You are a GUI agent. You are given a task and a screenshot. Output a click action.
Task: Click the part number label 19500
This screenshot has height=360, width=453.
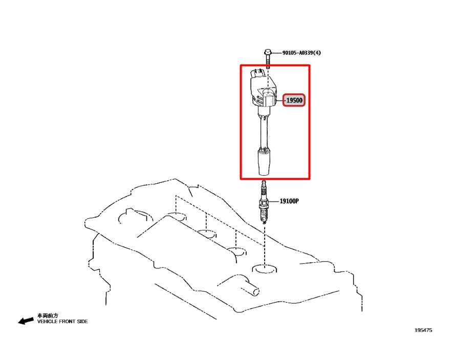pos(294,100)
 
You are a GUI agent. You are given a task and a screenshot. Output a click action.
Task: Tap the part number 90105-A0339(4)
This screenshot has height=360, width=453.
pos(301,53)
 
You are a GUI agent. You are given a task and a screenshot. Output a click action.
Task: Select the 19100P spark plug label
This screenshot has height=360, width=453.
pos(289,201)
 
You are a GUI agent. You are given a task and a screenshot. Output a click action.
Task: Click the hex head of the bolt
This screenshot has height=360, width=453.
pos(268,52)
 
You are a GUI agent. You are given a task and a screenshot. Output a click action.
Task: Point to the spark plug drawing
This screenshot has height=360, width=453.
pos(263,202)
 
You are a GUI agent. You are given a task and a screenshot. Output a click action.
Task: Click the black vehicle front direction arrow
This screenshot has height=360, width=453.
pos(26,321)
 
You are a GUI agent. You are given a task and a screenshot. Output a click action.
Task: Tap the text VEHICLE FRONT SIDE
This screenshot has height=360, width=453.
pos(62,321)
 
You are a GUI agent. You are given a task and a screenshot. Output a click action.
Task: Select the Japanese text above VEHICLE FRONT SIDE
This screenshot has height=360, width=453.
pos(48,315)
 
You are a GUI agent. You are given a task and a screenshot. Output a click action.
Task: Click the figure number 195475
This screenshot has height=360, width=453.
pos(423,330)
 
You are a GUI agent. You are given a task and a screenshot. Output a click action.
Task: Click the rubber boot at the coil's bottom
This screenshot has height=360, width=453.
pos(264,162)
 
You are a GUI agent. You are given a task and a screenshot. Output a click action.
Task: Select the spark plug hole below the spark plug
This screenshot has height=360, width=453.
pos(264,268)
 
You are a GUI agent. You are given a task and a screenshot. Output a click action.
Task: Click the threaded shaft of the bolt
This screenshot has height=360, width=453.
pos(268,62)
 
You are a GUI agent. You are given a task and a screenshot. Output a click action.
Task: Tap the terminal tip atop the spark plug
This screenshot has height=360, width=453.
pos(263,183)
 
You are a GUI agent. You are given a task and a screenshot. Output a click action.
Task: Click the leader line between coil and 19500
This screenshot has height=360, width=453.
pos(279,100)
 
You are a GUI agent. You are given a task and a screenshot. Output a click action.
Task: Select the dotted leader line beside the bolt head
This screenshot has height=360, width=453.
pos(276,53)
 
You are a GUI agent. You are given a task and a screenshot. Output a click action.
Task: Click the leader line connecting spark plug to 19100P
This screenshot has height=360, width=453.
pos(273,201)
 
